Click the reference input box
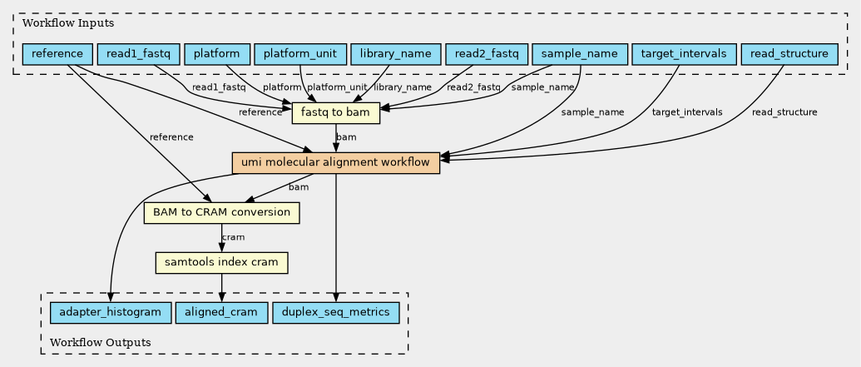tap(57, 54)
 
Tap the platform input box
tap(217, 54)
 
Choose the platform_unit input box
tap(299, 54)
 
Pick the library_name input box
tap(396, 54)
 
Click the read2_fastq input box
tap(487, 54)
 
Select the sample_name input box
tap(580, 54)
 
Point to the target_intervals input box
tap(684, 54)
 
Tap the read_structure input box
tap(789, 54)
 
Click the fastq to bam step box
tap(336, 113)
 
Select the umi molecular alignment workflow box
tap(336, 163)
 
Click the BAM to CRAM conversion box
tap(221, 212)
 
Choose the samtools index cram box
tap(222, 263)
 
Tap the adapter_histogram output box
tap(111, 313)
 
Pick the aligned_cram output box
tap(221, 313)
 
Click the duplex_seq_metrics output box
tap(335, 313)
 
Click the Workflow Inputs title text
tap(61, 23)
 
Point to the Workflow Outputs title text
tap(101, 343)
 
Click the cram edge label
tap(233, 237)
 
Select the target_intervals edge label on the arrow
tap(687, 112)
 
